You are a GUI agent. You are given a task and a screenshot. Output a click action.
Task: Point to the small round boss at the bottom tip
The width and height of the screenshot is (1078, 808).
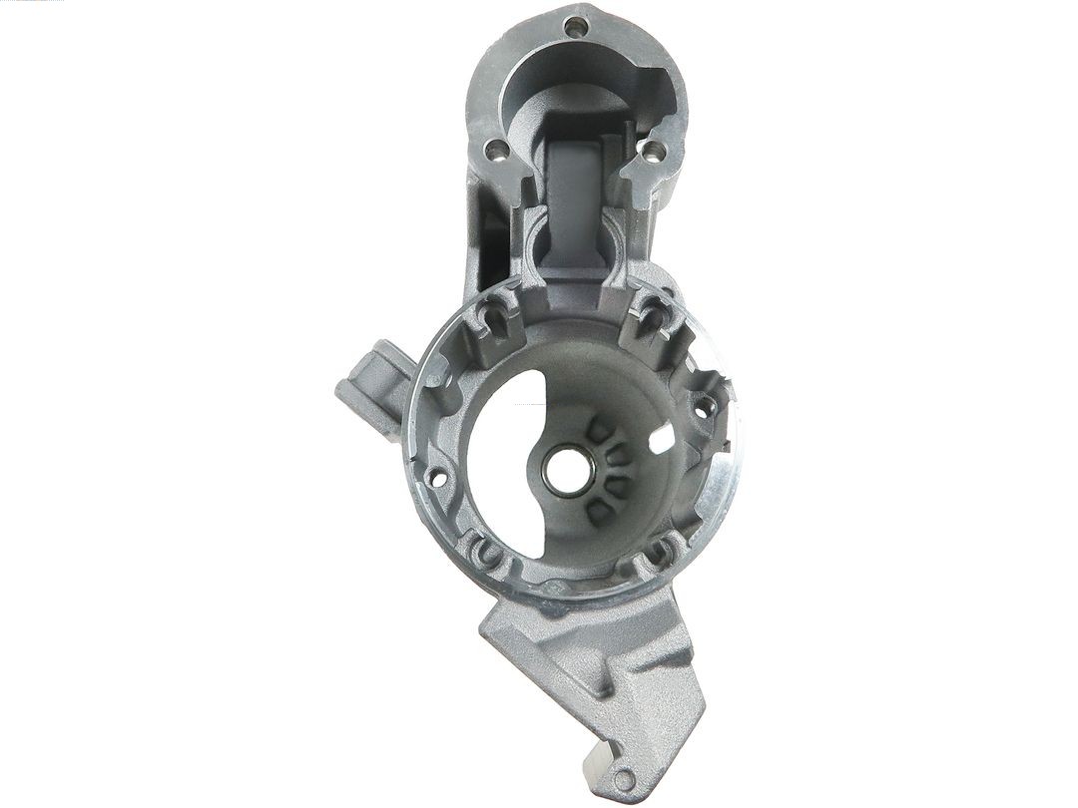[x=624, y=780]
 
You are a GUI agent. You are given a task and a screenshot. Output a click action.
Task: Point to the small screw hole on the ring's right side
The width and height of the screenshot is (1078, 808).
[x=704, y=407]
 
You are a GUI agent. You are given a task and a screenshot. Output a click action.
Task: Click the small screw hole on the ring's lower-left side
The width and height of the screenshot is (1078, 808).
[x=435, y=477]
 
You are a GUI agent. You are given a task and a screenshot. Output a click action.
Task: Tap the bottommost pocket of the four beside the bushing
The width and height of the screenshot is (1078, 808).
[x=599, y=512]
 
